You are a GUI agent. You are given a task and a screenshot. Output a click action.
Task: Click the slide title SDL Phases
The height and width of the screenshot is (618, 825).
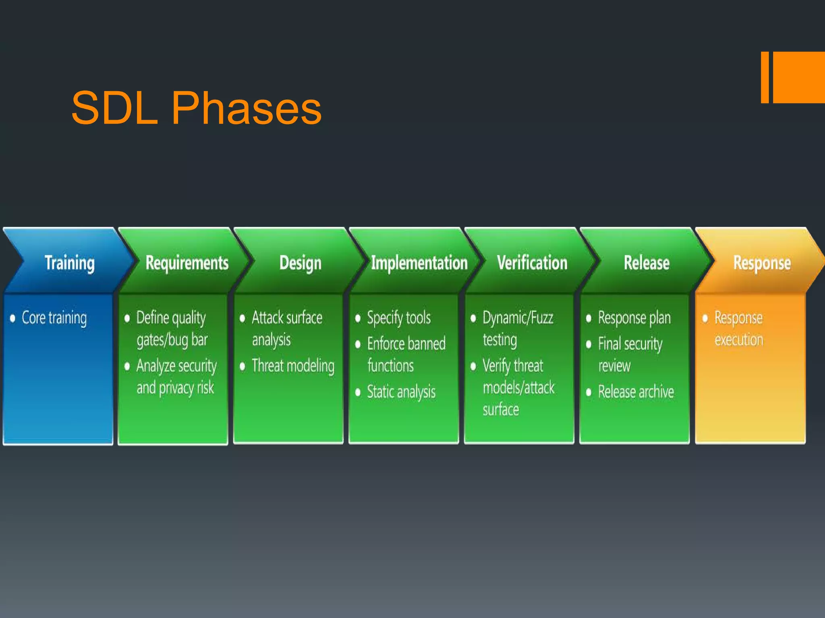click(196, 108)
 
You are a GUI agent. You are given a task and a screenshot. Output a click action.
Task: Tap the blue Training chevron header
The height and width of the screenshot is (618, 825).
click(69, 263)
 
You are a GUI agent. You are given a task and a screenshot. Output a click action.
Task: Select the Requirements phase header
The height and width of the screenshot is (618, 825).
click(187, 263)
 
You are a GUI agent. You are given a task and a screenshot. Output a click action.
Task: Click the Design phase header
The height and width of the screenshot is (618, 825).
click(300, 263)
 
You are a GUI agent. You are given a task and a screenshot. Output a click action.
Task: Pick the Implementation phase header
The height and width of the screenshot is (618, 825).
click(419, 263)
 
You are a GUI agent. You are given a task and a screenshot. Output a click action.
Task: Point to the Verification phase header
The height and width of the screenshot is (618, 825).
click(532, 263)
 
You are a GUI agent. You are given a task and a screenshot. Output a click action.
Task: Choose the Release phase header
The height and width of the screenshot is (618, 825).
click(646, 263)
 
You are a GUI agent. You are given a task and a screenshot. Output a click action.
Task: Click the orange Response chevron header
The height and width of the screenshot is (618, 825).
click(761, 263)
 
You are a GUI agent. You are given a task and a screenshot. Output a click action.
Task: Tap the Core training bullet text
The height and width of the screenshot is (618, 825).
click(54, 318)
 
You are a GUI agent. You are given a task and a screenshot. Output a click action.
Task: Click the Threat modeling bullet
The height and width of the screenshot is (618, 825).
click(293, 366)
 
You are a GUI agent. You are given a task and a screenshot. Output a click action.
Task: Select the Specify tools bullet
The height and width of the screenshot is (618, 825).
click(398, 318)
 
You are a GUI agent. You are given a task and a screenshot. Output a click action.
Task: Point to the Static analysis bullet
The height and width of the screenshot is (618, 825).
click(401, 392)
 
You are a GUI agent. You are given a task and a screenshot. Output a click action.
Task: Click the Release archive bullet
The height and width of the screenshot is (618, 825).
click(636, 392)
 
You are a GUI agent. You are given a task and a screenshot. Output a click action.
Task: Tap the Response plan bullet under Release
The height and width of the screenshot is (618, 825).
click(634, 318)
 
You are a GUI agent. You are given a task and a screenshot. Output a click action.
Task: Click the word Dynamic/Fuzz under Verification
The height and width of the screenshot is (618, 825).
click(518, 318)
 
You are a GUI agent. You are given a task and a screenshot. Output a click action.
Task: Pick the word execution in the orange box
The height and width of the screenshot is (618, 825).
click(739, 340)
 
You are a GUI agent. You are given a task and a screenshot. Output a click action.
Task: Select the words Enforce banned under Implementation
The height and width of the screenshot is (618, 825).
click(406, 344)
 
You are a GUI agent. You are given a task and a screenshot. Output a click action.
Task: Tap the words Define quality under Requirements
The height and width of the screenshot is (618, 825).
click(171, 318)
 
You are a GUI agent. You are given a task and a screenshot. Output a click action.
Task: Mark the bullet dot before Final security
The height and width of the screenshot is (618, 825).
click(589, 344)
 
